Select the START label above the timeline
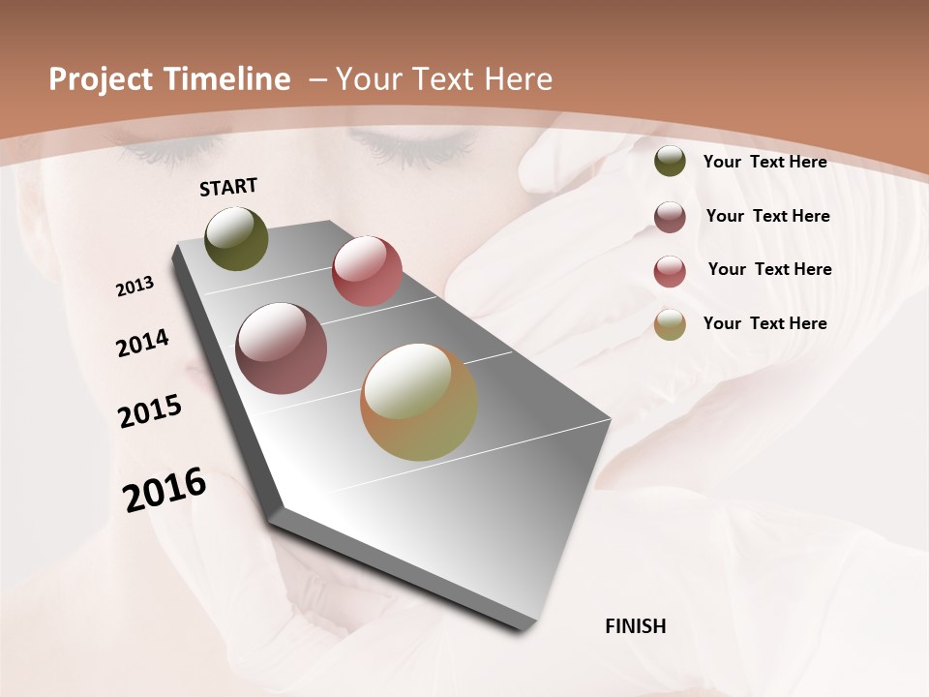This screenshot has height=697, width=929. pos(228,187)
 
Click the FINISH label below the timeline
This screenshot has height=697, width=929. pos(636,626)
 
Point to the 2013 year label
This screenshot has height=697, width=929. pos(135,286)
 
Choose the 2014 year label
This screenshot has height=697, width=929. pos(143,343)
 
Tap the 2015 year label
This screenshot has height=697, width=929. pos(150,411)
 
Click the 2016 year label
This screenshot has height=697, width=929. pos(165,489)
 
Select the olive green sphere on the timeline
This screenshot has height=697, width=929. pos(237,238)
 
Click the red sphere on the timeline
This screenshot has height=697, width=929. pos(367,270)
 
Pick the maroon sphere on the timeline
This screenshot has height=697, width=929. pos(282,348)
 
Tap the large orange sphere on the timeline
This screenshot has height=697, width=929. pos(419,402)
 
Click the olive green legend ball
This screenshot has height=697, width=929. pos(670,162)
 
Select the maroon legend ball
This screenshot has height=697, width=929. pos(670,217)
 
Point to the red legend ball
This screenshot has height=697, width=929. pos(670,271)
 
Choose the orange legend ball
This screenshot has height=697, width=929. pos(670,324)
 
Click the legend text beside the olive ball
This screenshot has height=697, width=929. pos(764,162)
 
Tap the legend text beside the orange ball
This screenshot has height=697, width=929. pos(764,323)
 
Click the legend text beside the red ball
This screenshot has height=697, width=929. pos(769,269)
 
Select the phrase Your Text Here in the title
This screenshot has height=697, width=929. pos(443,79)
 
